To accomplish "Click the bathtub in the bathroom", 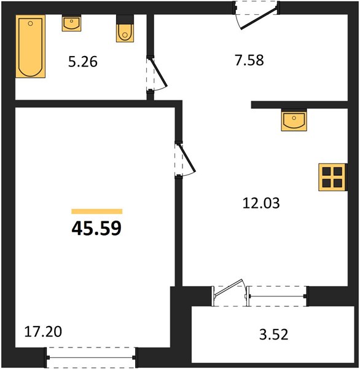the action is click(30, 46).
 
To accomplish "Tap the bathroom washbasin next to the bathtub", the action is click(71, 23).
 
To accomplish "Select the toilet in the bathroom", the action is click(125, 29).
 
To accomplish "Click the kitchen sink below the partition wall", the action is click(294, 120).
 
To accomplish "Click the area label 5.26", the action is click(83, 62).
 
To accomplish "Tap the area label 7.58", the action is click(249, 60).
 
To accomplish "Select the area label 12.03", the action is click(261, 204).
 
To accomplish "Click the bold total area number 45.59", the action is click(96, 229).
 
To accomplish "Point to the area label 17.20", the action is click(43, 332).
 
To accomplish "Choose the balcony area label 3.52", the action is click(274, 335).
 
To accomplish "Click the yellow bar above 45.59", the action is click(97, 212).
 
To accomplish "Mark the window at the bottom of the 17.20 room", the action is click(91, 357).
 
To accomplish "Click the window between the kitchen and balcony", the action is click(278, 296).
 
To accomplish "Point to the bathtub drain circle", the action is click(30, 23).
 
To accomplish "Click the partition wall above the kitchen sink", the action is click(299, 105).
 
